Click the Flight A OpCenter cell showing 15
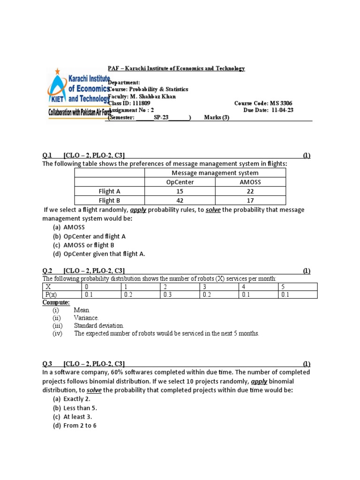coord(180,191)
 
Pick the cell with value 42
coord(180,201)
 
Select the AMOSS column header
coord(250,182)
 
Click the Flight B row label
coord(110,201)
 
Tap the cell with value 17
coord(250,201)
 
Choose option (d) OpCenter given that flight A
coord(104,254)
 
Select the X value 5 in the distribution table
coord(283,286)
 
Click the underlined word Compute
coord(56,303)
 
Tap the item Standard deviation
coord(99,325)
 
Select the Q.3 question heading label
coord(47,364)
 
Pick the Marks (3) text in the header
coord(217,117)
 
